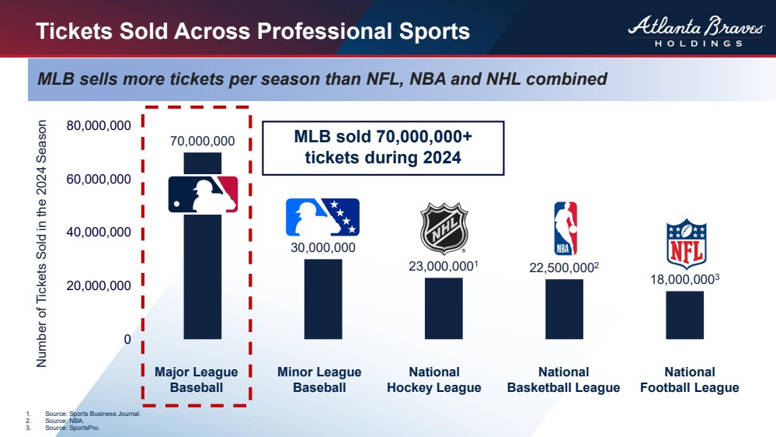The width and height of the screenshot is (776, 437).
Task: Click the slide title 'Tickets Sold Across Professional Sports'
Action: pos(252,31)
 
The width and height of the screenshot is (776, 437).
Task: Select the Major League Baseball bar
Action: pos(202,280)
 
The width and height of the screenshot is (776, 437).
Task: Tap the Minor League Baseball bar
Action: pos(322,299)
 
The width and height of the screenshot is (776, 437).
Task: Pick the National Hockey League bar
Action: pos(443,308)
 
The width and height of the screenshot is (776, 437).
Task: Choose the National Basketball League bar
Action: pos(564,309)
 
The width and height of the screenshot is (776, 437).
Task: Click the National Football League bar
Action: pos(684,315)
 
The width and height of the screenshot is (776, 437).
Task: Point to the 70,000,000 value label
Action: pos(202,141)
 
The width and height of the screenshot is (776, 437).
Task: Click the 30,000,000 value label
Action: pos(322,248)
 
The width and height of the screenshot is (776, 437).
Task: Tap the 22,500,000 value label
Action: pos(561,267)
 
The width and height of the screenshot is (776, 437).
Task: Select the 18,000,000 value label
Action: pos(682,280)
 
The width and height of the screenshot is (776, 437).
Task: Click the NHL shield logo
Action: pos(444,228)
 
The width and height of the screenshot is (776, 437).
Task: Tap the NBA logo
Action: pos(565,229)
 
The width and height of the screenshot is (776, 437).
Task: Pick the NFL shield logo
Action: pos(687,244)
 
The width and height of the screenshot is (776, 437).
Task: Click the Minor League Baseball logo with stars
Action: pos(322,217)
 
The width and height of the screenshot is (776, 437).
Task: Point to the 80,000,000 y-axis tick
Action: pos(98,126)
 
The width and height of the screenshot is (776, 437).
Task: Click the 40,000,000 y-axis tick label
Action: pos(98,232)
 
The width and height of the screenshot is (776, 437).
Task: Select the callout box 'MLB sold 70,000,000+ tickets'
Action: pos(383,147)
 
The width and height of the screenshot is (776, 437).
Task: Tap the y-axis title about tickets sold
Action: pos(43,243)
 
